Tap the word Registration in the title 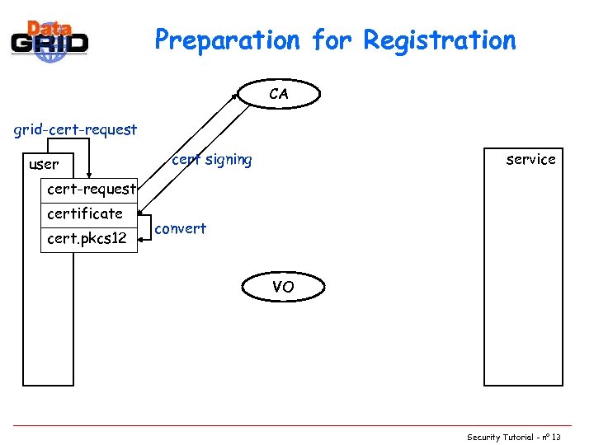(x=440, y=40)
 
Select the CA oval (x=279, y=95)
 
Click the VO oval (x=283, y=288)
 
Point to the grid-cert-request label (x=74, y=130)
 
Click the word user (x=44, y=165)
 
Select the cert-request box (x=91, y=190)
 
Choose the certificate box (x=86, y=214)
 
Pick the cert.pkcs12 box (x=87, y=239)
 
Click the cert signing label (x=212, y=160)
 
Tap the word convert (x=181, y=229)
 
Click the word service (x=530, y=159)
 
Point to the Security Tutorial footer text (x=503, y=437)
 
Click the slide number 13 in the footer (x=556, y=437)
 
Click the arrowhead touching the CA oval (x=236, y=96)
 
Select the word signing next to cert (x=227, y=160)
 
